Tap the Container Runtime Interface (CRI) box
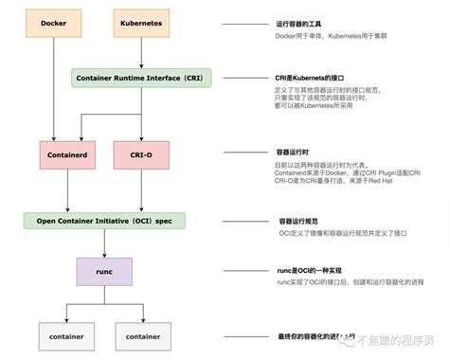coord(141,77)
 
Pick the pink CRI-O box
coord(141,153)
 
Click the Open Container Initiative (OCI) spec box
coord(104,220)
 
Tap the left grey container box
coord(67,335)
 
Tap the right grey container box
coord(142,335)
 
